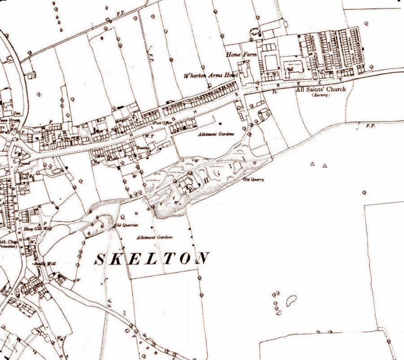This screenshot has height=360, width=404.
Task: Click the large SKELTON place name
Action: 153,258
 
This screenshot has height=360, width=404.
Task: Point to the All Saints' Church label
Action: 321,89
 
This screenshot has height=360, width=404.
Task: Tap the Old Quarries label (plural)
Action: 125,225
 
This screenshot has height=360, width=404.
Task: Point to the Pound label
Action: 18,164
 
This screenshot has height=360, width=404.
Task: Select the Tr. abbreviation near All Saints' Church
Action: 274,92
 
